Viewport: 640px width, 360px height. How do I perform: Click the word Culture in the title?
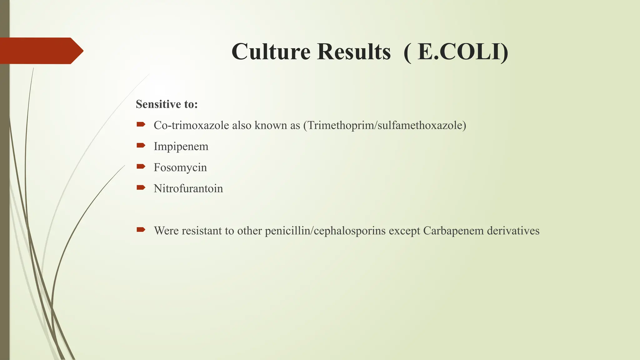(271, 52)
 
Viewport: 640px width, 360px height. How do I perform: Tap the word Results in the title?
(354, 52)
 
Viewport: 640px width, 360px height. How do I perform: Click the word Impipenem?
(181, 146)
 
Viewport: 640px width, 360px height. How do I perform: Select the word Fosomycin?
(180, 167)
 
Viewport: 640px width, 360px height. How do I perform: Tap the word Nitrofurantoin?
(188, 188)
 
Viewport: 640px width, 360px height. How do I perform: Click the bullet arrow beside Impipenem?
(141, 145)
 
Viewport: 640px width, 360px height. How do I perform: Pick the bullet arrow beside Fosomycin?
(141, 166)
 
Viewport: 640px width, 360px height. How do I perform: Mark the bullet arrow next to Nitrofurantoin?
(141, 187)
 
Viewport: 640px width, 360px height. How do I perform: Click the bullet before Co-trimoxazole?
(141, 124)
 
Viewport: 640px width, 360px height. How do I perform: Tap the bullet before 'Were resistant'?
(141, 230)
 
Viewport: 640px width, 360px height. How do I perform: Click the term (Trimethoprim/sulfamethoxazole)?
(385, 125)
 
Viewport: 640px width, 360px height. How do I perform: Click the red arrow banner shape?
(41, 51)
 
